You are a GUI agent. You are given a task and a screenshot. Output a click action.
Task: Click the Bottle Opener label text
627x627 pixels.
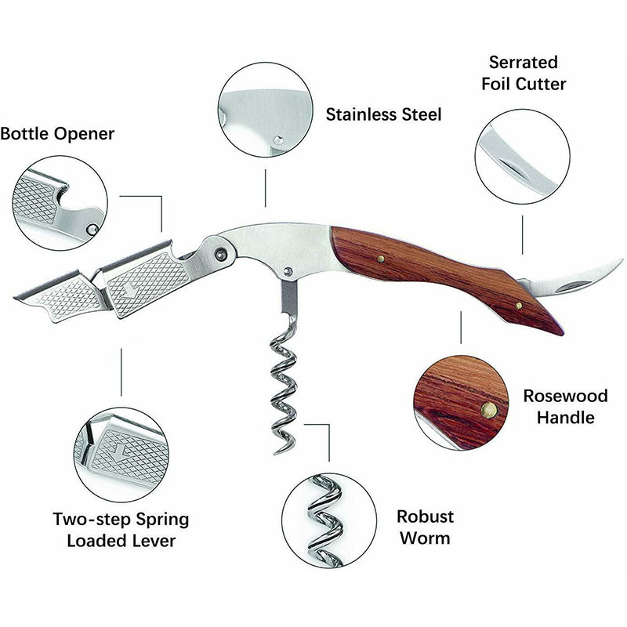coord(57,134)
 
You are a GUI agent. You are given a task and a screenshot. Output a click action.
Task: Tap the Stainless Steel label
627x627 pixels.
coord(383,114)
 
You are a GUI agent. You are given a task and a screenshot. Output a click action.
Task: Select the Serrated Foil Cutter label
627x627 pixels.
coord(524,71)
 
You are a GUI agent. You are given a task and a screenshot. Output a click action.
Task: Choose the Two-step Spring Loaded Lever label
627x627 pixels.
coord(121,529)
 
